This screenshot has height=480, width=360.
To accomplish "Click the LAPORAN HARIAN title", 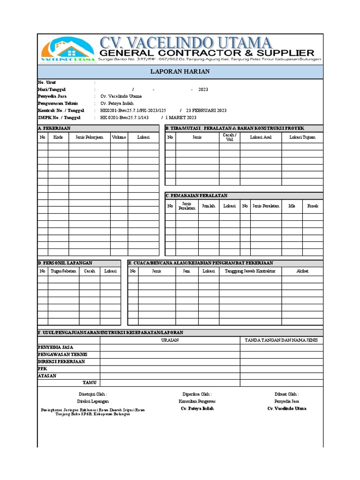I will pyautogui.click(x=180, y=72).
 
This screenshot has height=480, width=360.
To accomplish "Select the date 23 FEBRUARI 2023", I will pyautogui.click(x=206, y=110).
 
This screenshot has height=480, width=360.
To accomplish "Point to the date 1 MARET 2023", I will pyautogui.click(x=181, y=117).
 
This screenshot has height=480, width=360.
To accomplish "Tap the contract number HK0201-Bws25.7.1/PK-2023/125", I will pyautogui.click(x=133, y=110).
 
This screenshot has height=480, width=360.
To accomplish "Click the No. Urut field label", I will pyautogui.click(x=47, y=82).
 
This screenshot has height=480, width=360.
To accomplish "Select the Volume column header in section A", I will pyautogui.click(x=119, y=137).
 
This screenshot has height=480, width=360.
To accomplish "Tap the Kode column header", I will pyautogui.click(x=58, y=137).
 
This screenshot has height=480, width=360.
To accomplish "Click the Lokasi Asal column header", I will pyautogui.click(x=261, y=137).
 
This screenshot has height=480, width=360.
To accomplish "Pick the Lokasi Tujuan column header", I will pyautogui.click(x=302, y=137).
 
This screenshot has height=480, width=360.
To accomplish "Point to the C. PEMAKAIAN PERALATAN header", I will pyautogui.click(x=197, y=195).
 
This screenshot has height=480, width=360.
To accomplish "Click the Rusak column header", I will pyautogui.click(x=312, y=206).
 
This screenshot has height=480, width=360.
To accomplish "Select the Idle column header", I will pyautogui.click(x=292, y=206).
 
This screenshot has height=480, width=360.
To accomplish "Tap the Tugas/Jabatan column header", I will pyautogui.click(x=63, y=271).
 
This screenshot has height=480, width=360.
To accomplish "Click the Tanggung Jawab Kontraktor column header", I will pyautogui.click(x=250, y=271).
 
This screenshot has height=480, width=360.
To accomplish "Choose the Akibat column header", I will pyautogui.click(x=302, y=271).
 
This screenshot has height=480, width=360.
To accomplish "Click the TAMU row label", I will pyautogui.click(x=89, y=382).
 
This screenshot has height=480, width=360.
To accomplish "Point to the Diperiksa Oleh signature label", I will pyautogui.click(x=197, y=394).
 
